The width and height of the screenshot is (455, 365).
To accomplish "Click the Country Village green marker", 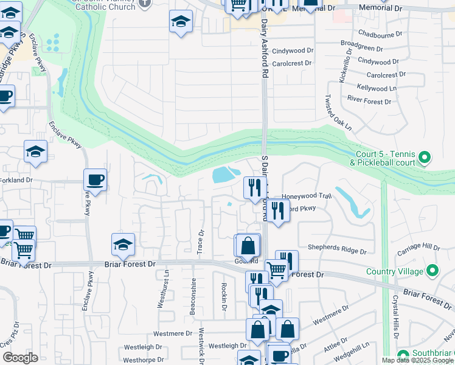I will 432,269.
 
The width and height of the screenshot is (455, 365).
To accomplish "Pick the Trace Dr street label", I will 200,241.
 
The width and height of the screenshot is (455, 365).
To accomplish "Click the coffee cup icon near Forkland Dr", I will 95,179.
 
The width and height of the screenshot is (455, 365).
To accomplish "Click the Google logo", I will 20,358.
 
